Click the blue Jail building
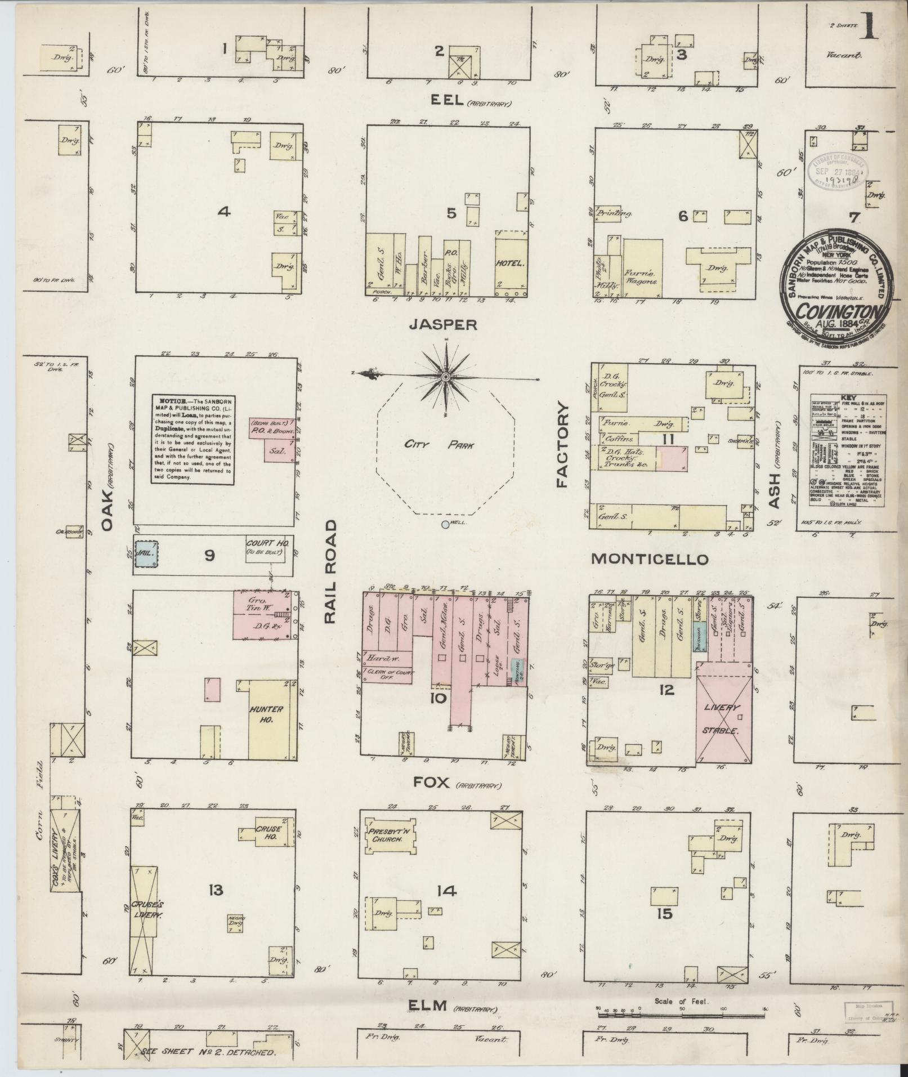pos(146,553)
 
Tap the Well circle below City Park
pos(445,525)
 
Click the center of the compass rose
pos(445,376)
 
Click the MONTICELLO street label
pos(648,559)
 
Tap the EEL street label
pos(447,100)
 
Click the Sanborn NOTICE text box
pos(192,437)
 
